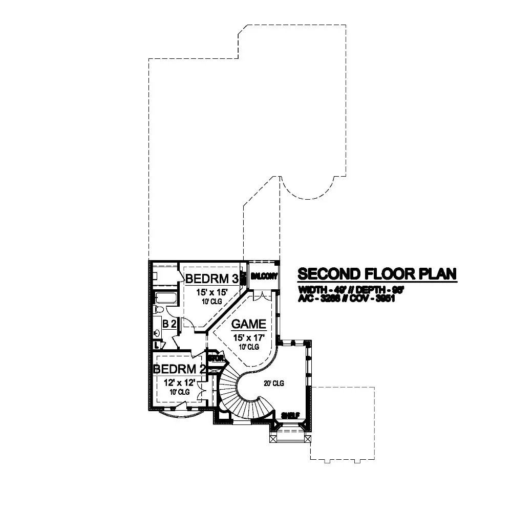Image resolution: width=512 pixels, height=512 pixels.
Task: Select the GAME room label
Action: coord(248,324)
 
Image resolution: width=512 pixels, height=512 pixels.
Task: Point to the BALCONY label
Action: coord(264,276)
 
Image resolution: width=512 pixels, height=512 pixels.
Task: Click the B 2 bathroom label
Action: coord(169,324)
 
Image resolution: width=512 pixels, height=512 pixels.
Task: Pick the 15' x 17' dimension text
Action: coord(248,337)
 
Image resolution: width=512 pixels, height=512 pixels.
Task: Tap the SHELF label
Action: coord(289,415)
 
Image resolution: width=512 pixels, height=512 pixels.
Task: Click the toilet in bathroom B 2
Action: coord(159,310)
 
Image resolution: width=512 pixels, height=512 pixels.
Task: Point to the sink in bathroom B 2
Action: coord(156,333)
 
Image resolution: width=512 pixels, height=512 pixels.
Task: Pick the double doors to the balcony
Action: coord(261,295)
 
